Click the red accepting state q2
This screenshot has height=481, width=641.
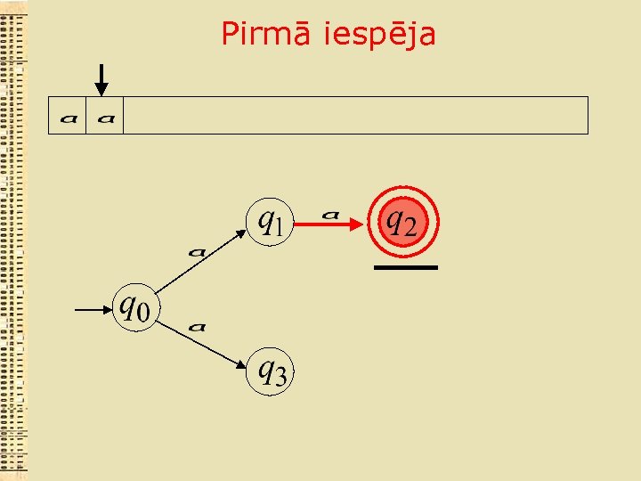[x=400, y=220]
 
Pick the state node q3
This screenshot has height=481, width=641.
[x=270, y=370]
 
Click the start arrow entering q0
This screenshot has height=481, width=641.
[x=93, y=310]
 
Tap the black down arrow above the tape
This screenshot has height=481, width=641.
[x=102, y=79]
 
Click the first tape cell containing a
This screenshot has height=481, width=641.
[x=68, y=116]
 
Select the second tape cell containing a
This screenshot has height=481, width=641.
[x=105, y=116]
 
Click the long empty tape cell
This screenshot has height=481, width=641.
[x=355, y=116]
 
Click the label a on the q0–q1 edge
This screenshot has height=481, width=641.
[x=197, y=252]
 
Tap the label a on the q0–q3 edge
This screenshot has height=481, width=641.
[x=198, y=327]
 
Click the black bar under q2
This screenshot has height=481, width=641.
[x=405, y=267]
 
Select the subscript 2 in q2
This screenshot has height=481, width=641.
[x=409, y=227]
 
